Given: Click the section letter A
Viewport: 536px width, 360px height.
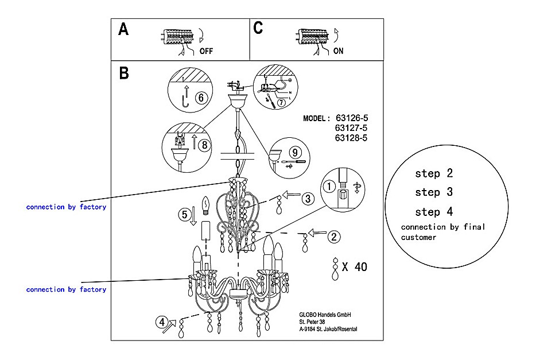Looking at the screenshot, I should coord(123,29).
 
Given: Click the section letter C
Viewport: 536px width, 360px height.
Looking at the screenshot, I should coord(258,28).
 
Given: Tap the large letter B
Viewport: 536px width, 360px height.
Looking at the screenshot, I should coord(124,74).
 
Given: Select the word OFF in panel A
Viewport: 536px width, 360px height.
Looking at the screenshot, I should coord(206,51).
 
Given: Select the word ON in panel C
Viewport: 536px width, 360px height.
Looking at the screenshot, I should coord(339,51).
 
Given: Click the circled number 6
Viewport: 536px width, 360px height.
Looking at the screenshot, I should coord(200,98).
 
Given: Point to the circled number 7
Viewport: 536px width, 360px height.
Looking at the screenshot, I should coord(281,103).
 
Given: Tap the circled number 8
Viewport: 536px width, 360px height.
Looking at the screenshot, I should coord(204,145).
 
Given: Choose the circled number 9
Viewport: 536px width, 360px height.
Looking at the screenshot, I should coord(294,153).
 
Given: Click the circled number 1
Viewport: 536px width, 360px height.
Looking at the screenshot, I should coord(329,186).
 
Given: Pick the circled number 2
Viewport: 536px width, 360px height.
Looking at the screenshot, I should coord(334,235).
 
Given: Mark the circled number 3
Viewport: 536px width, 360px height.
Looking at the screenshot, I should coord(308,199).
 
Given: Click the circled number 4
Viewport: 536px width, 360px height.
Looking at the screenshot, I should coord(162,322).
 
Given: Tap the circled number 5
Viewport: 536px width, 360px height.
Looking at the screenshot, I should coord(184,215).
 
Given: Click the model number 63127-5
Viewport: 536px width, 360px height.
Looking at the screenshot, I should coord(351,129).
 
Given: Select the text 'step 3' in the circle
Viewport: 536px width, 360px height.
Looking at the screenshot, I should coord(434,192).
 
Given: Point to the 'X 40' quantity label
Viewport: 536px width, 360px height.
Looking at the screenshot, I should coord(354,266).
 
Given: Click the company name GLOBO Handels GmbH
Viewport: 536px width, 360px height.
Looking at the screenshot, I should coord(325,315).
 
